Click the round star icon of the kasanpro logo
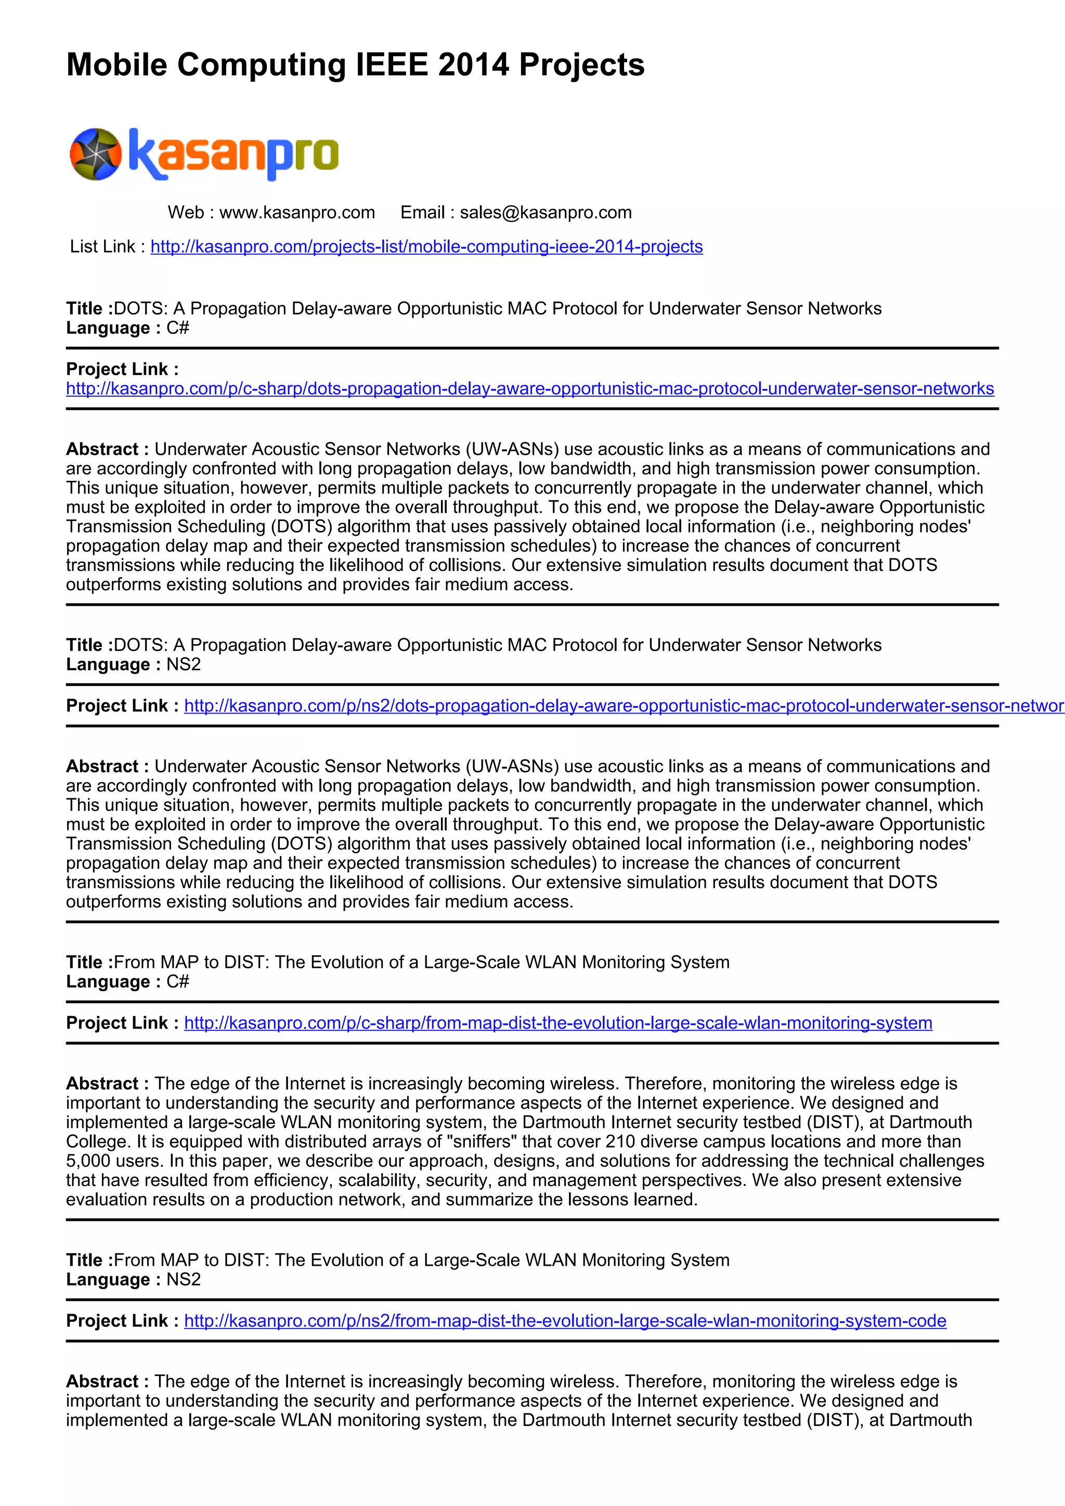click(96, 154)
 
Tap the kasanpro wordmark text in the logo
click(233, 154)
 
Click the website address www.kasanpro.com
click(297, 213)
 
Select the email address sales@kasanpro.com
click(546, 213)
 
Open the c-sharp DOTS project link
click(530, 388)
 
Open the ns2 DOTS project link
click(623, 706)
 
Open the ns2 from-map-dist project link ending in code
click(565, 1320)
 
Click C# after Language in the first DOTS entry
click(178, 328)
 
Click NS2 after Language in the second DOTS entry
click(184, 665)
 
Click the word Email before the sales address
click(422, 213)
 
